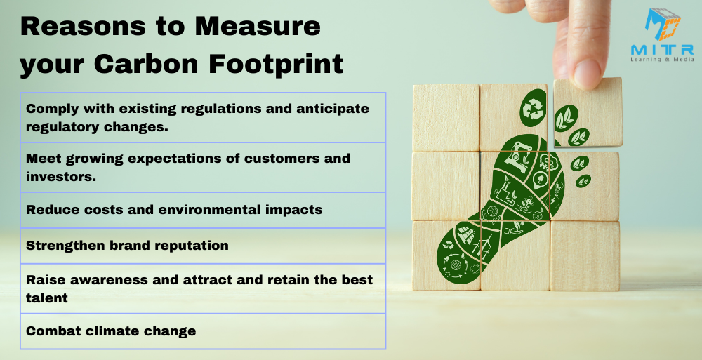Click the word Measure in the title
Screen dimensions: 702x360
[x=258, y=27]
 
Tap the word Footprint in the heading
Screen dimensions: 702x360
[x=276, y=64]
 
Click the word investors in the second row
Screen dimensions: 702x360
[x=61, y=176]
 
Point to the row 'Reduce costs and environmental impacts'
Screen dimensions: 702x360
[x=203, y=210]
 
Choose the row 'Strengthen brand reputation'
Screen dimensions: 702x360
[x=203, y=246]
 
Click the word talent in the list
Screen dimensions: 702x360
[x=47, y=298]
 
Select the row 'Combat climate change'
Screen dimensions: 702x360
[x=203, y=331]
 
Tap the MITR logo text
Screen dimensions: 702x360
[x=662, y=49]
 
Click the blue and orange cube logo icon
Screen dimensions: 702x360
[x=663, y=25]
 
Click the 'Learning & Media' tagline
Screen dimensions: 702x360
[x=662, y=59]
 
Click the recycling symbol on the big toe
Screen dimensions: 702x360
[x=533, y=109]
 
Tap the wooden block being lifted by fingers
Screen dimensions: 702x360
[x=588, y=112]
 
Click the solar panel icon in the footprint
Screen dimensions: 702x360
[x=466, y=234]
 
